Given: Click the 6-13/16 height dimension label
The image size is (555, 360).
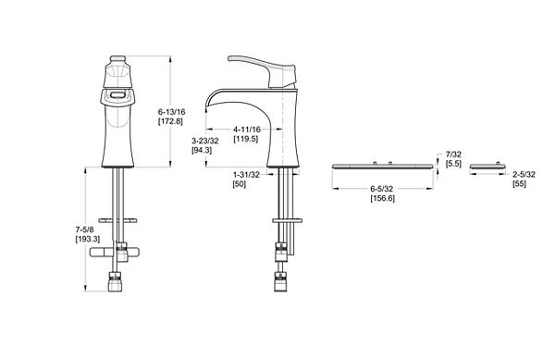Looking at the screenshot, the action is [x=172, y=112].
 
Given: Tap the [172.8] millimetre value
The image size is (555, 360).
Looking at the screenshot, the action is [x=170, y=121].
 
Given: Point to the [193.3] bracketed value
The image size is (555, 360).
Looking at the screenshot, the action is [x=88, y=239].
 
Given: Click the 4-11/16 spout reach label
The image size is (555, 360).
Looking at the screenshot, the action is [x=247, y=130].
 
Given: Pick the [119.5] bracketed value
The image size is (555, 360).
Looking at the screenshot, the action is [x=246, y=139].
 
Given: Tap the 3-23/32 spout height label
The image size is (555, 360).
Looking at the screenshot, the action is [x=205, y=141].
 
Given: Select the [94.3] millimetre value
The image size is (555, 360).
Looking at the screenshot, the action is [x=202, y=150].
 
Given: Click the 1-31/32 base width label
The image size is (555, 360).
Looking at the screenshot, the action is [x=246, y=175].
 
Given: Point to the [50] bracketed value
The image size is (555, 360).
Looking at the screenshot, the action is [x=240, y=184].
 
